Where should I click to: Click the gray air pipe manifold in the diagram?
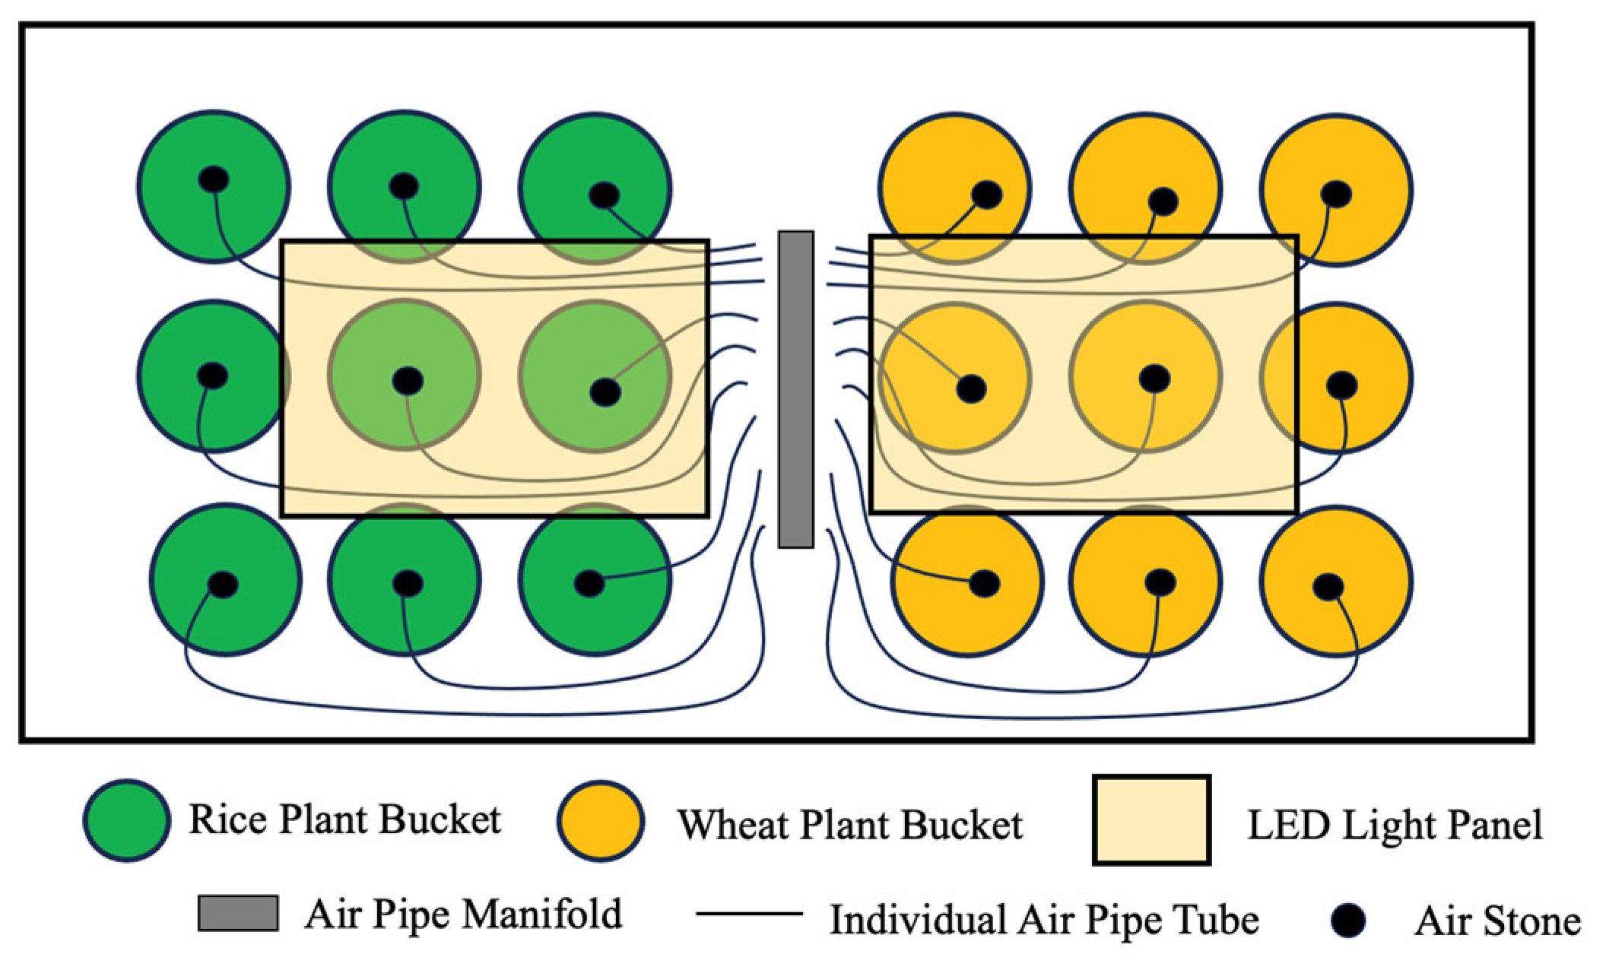click(795, 389)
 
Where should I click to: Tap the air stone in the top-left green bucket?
click(214, 180)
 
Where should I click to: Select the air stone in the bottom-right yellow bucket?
click(1328, 587)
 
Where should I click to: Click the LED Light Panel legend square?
click(1151, 820)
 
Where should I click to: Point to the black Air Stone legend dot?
click(1349, 921)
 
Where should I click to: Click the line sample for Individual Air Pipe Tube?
click(749, 914)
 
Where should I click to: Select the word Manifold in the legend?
click(542, 914)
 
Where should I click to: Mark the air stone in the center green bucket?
click(408, 380)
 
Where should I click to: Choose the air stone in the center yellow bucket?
click(1154, 378)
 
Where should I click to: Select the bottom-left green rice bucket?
click(225, 579)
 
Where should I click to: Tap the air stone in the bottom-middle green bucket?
click(407, 583)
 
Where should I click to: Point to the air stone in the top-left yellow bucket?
click(986, 195)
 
